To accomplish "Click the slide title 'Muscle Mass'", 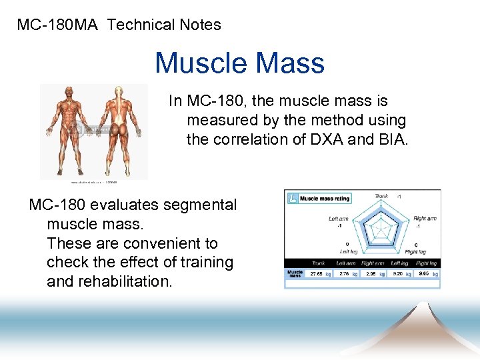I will point(239,63).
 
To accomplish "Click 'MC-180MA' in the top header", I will point(58,25).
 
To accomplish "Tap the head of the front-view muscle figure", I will point(67,93).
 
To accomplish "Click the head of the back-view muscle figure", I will point(119,91).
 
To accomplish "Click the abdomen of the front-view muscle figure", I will point(67,123).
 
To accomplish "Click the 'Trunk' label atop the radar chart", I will point(381,196).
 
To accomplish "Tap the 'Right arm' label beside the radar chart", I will point(424,219).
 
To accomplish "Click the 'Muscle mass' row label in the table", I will point(294,273).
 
